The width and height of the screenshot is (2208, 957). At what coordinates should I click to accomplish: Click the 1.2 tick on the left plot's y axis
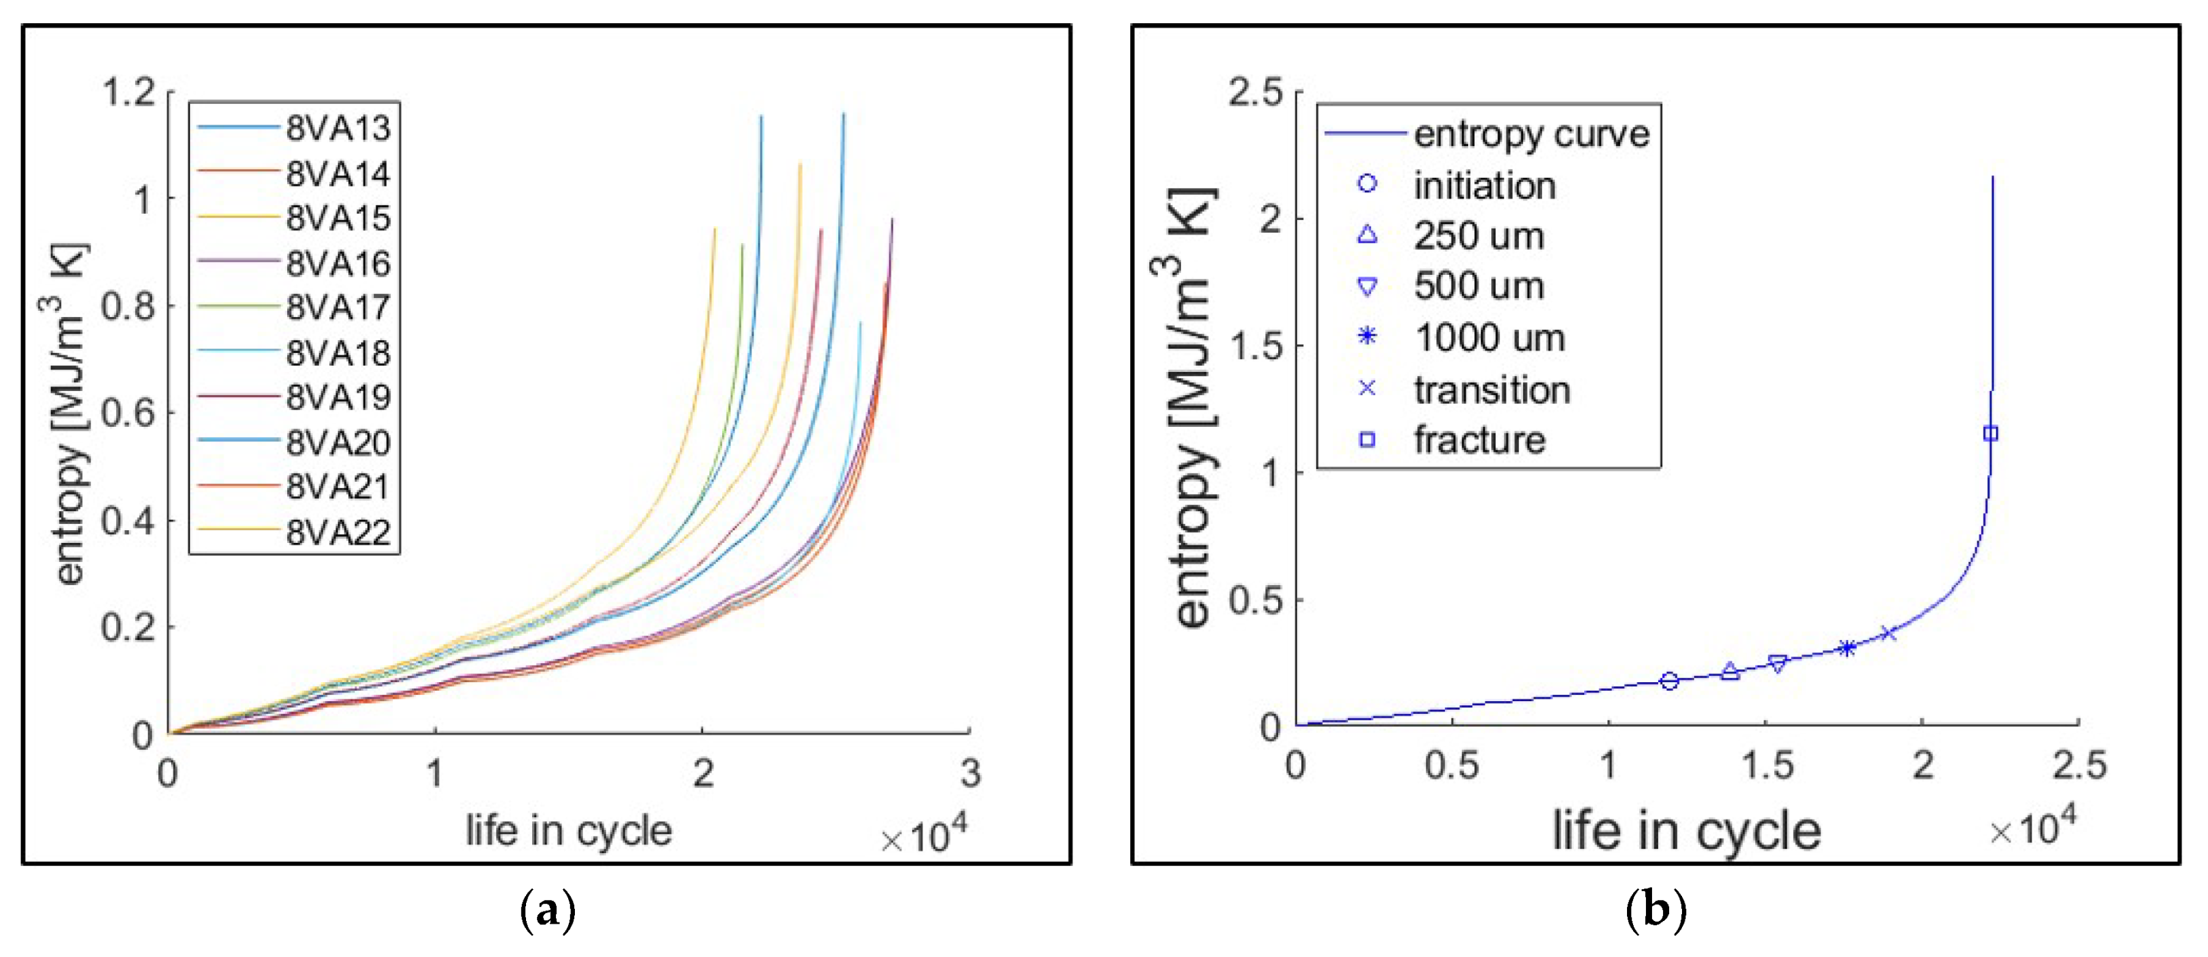pyautogui.click(x=128, y=92)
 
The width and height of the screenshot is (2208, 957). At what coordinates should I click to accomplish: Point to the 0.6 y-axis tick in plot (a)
pyautogui.click(x=128, y=414)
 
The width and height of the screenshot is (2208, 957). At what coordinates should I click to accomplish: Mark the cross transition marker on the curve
pyautogui.click(x=1888, y=634)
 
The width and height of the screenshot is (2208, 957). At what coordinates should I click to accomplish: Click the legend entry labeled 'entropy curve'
pyautogui.click(x=1531, y=134)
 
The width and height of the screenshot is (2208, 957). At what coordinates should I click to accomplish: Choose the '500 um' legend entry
pyautogui.click(x=1478, y=286)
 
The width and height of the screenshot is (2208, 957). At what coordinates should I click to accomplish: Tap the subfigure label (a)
pyautogui.click(x=548, y=911)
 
